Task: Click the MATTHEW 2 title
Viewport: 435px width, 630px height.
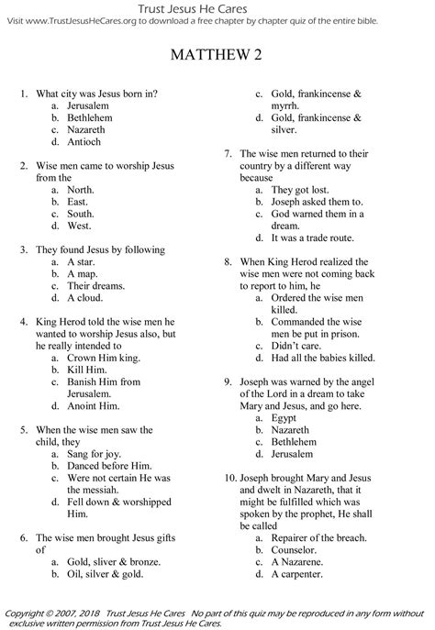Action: (x=217, y=58)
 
